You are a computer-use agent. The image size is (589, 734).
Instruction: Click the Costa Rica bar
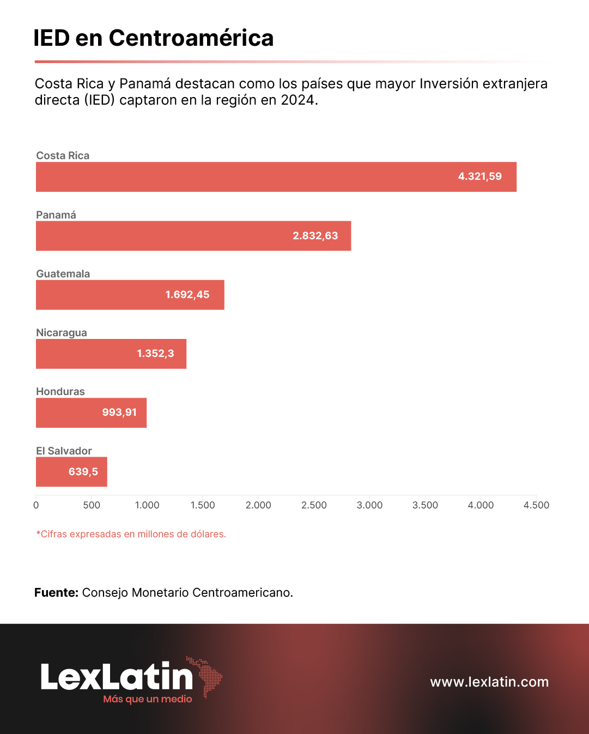[x=276, y=177]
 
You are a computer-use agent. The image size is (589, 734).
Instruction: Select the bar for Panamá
[x=193, y=236]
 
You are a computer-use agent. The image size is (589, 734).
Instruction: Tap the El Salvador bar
[x=71, y=472]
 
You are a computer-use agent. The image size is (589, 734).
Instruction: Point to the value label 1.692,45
[x=187, y=295]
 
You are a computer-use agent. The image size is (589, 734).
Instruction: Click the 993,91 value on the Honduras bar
[x=119, y=413]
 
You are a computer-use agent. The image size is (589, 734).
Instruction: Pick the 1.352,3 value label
[x=155, y=354]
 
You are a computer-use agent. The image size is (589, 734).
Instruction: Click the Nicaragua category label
[x=62, y=332]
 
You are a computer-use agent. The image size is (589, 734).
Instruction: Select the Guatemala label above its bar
[x=63, y=274]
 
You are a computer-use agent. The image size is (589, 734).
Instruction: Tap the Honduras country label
[x=60, y=391]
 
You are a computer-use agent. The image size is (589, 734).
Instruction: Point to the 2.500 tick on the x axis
[x=314, y=505]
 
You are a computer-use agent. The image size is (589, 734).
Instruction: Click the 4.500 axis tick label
[x=536, y=505]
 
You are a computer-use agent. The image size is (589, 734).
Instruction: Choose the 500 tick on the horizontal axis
[x=92, y=505]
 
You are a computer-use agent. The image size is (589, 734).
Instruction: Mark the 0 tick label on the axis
[x=36, y=505]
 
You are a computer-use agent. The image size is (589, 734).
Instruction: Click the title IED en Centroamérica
[x=153, y=38]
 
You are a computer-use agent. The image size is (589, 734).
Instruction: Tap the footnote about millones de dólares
[x=131, y=534]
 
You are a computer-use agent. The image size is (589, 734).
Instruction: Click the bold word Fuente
[x=56, y=592]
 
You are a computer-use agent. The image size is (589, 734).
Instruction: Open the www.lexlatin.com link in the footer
[x=489, y=682]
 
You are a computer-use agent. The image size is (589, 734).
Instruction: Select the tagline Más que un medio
[x=148, y=699]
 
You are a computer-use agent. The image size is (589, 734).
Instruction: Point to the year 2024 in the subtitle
[x=297, y=100]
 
